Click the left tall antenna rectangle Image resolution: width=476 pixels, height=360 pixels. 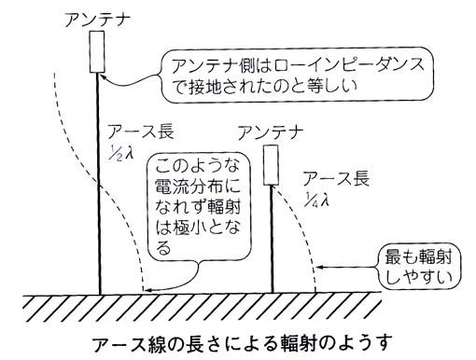pyautogui.click(x=98, y=52)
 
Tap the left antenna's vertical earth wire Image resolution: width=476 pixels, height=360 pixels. pyautogui.click(x=99, y=187)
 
